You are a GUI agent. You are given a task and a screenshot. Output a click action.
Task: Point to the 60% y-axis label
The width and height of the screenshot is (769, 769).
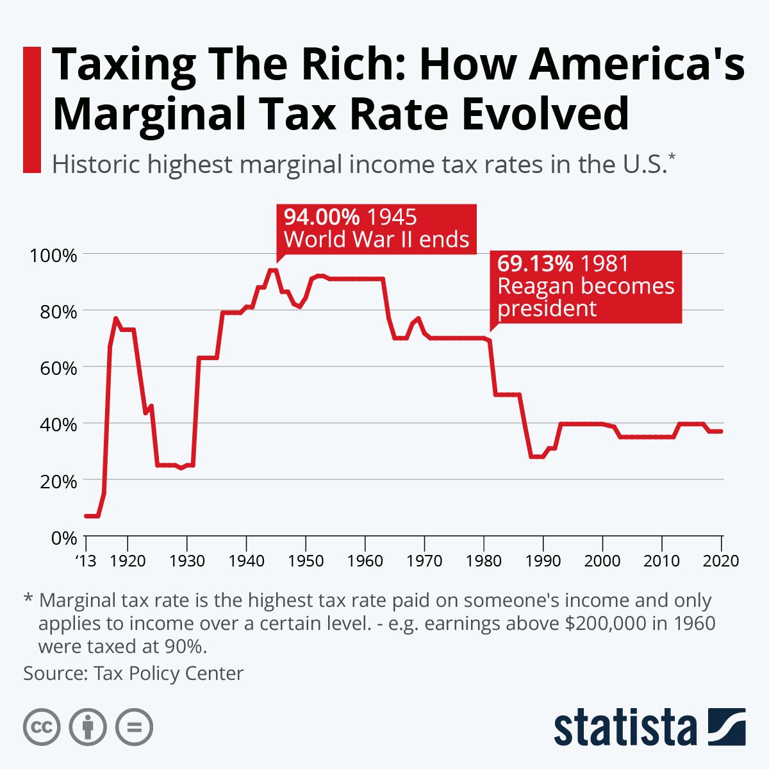click(58, 368)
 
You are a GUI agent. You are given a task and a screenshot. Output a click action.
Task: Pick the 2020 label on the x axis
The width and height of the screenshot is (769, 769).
click(722, 561)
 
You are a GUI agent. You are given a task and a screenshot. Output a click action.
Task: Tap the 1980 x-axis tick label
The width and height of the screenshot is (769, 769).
click(484, 561)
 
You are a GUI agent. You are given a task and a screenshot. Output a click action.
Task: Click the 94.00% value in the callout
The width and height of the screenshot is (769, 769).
click(322, 217)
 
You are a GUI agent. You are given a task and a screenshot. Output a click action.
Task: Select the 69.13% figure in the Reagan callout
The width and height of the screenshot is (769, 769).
click(535, 263)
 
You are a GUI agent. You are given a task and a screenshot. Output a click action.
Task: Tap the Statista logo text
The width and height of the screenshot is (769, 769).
click(625, 727)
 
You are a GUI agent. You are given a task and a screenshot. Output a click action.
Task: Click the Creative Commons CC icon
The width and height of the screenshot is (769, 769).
click(42, 727)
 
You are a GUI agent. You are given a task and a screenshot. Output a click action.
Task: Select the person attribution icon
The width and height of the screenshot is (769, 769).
click(88, 727)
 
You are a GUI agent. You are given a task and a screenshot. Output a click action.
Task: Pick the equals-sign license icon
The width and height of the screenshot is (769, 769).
click(134, 727)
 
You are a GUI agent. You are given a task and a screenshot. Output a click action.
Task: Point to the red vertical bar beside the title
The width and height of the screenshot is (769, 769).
click(31, 110)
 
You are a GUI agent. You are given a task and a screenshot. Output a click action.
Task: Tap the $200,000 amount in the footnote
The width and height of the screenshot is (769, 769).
click(606, 623)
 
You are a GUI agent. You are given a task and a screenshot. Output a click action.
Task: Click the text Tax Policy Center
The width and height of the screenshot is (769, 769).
click(169, 674)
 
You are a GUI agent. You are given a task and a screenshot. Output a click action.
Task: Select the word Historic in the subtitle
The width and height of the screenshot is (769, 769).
click(95, 165)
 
